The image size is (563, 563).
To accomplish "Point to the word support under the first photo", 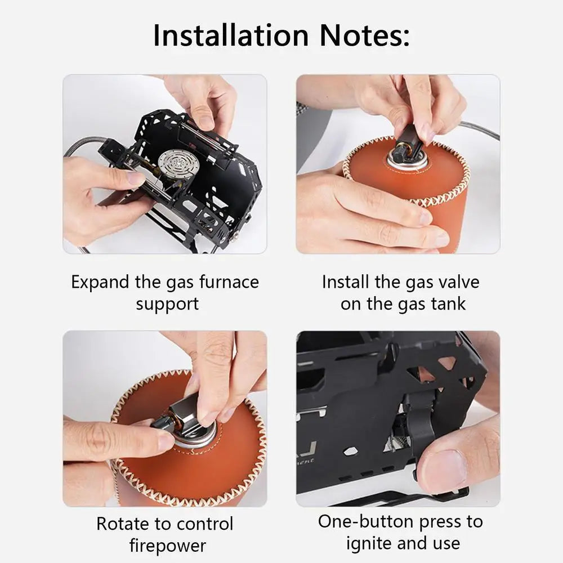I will pos(167,304).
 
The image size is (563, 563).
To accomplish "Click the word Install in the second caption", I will pos(344,282).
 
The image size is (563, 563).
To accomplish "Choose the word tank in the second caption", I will pos(448,304).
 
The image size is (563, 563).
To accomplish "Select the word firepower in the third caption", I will pos(167,545).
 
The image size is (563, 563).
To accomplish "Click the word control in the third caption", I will pos(203,524).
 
